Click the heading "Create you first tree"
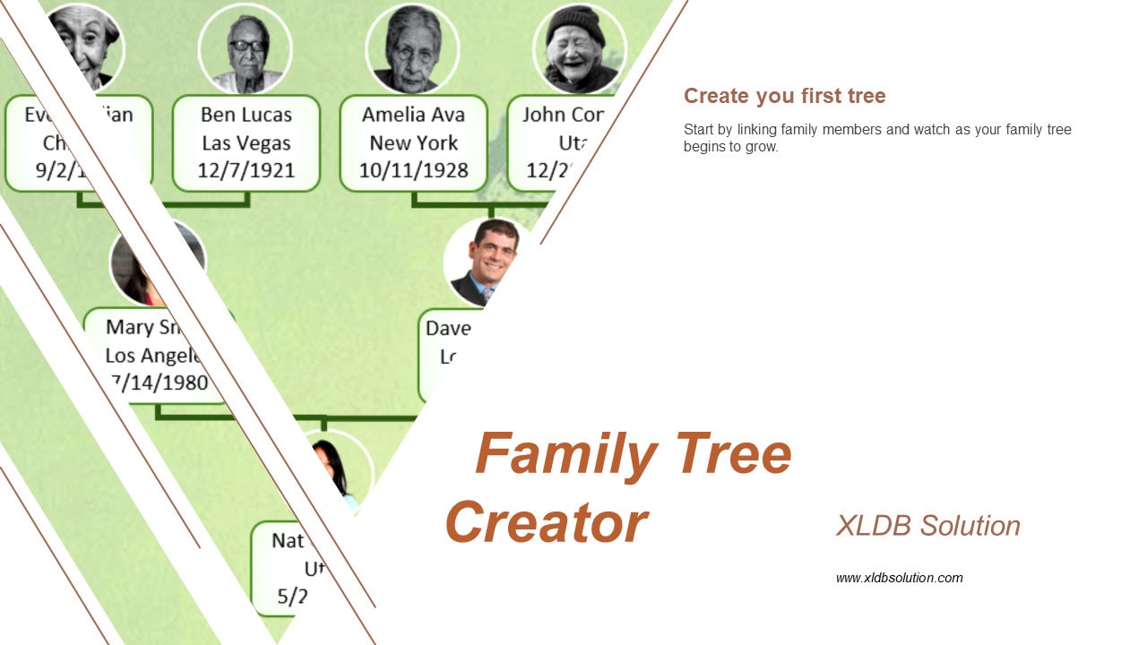tap(784, 96)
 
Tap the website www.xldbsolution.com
tap(899, 578)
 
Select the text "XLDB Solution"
tap(927, 526)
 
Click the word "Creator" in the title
tap(546, 522)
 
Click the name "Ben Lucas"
tap(246, 115)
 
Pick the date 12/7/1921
tap(246, 170)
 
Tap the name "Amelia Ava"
tap(413, 115)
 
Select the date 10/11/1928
tap(413, 170)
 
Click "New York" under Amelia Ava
tap(413, 142)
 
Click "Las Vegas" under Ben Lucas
tap(246, 142)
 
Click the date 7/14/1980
tap(161, 383)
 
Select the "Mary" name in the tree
tap(129, 327)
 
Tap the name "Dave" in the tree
tap(448, 329)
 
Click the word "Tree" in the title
tap(733, 453)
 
